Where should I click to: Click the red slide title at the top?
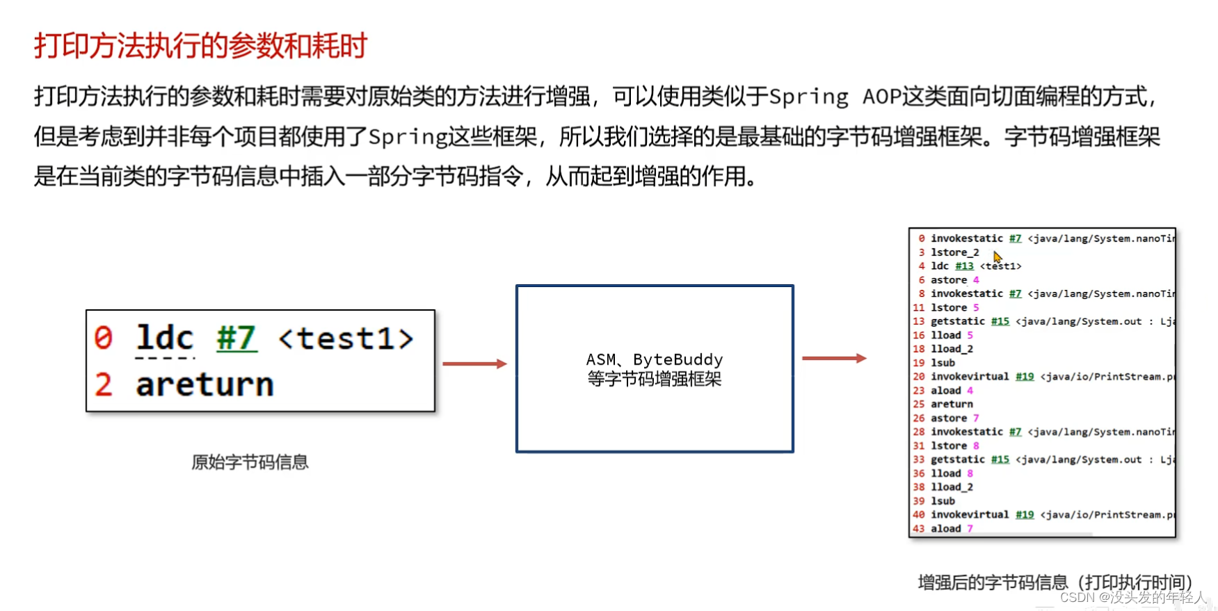click(x=200, y=46)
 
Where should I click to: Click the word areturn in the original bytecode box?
click(x=205, y=384)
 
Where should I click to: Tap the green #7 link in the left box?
click(x=237, y=339)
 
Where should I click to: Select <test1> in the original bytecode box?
click(x=346, y=339)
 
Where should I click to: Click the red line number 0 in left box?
click(x=103, y=338)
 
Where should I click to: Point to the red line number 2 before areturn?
click(x=103, y=384)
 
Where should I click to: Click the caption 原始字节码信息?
click(x=250, y=462)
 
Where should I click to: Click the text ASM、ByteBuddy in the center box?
click(x=654, y=359)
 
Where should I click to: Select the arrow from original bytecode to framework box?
click(x=474, y=364)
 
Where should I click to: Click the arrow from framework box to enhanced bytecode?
click(x=833, y=358)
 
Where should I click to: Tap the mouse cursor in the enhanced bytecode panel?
click(x=997, y=256)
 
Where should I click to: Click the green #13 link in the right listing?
click(x=964, y=266)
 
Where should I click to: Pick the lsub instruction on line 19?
click(x=943, y=363)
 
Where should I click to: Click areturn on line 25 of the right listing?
click(x=952, y=404)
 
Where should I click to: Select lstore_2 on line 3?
click(x=954, y=252)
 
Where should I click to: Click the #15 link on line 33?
click(x=1000, y=459)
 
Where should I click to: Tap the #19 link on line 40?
click(x=1024, y=515)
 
